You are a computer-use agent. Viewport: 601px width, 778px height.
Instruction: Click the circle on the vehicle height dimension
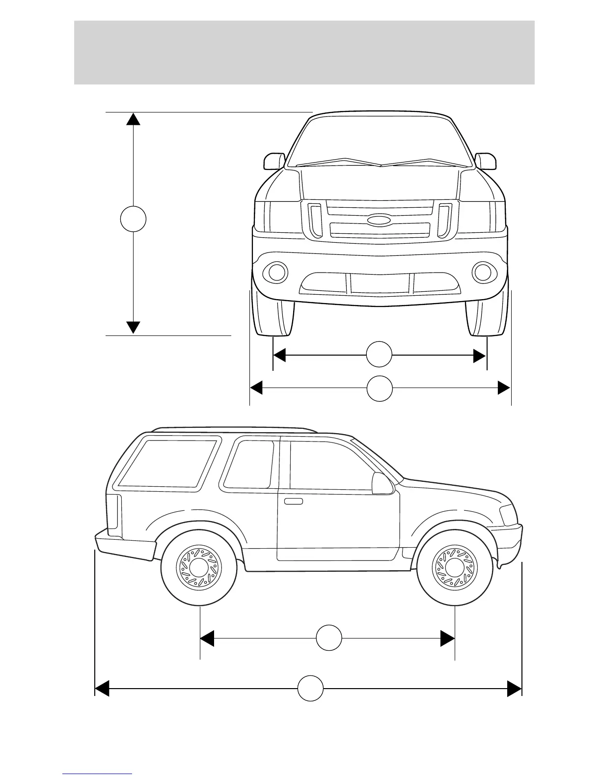point(133,219)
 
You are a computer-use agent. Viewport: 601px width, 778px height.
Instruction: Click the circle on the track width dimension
point(380,355)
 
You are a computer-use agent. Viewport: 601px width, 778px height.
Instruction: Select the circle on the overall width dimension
point(380,389)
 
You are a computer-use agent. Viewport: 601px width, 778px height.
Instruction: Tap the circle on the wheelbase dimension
point(328,638)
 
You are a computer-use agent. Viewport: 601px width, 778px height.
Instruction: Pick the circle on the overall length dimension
point(310,689)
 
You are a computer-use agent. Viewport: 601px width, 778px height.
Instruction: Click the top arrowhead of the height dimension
point(134,118)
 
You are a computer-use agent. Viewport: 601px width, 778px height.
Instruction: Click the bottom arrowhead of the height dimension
point(134,328)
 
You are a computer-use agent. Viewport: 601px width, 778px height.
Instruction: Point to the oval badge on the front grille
point(379,221)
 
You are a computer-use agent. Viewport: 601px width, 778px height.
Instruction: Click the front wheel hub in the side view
point(454,568)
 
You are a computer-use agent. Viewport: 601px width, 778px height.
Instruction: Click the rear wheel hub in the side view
point(199,568)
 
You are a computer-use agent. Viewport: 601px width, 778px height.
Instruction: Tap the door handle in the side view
point(293,501)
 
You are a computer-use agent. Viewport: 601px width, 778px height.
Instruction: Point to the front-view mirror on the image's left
point(274,161)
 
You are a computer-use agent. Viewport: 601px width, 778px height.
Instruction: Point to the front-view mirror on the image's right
point(486,161)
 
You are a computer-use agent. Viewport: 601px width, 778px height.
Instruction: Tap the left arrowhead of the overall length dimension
point(102,689)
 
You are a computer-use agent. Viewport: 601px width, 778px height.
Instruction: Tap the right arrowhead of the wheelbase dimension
point(447,638)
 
